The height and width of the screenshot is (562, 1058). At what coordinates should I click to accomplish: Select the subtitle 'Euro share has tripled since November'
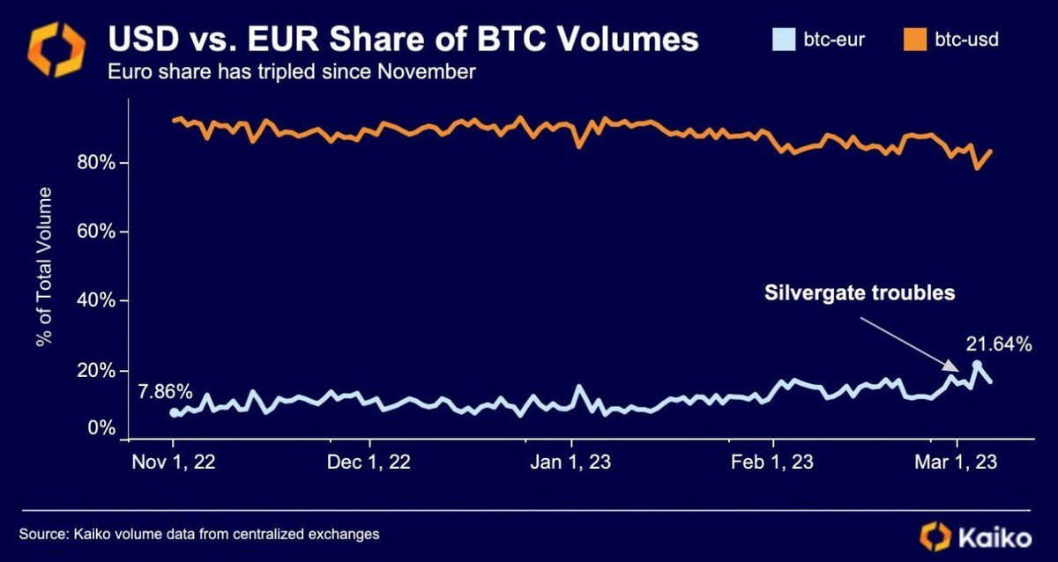[291, 71]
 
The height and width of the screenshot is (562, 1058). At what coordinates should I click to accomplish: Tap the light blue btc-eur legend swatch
[780, 40]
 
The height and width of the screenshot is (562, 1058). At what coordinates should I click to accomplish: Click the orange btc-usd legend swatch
[916, 40]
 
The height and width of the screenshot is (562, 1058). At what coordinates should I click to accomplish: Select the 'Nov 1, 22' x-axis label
[174, 462]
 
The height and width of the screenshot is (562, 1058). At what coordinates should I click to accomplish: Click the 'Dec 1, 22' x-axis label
[369, 462]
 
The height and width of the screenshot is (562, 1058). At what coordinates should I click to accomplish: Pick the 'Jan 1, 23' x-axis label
[572, 462]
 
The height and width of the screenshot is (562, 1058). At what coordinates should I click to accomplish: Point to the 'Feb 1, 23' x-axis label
[773, 462]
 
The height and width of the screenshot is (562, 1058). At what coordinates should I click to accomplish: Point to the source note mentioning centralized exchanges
[199, 534]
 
